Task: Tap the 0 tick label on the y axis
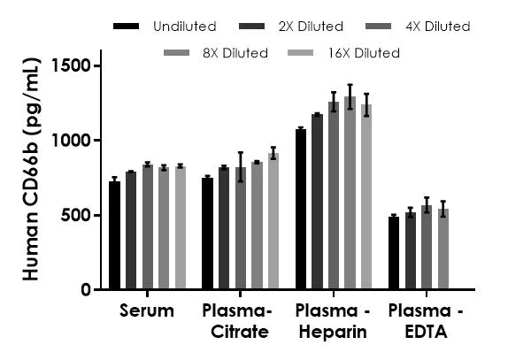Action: (86, 290)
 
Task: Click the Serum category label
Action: (147, 311)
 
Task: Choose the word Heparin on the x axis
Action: (330, 333)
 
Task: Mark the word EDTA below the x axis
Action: (425, 333)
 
